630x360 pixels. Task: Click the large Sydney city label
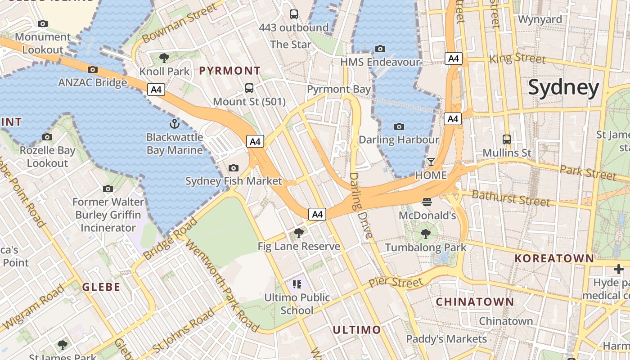tap(563, 88)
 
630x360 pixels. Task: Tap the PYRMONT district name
tap(229, 71)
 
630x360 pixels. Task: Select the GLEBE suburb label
tap(101, 287)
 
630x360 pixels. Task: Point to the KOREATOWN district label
tap(554, 258)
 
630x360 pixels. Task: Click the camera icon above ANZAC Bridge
tap(93, 69)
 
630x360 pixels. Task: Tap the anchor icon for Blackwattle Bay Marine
tap(174, 124)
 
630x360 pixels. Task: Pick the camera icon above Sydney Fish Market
tap(233, 168)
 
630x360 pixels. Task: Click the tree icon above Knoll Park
tap(164, 58)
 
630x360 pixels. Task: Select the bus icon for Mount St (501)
tap(249, 88)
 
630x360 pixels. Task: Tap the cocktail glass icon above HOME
tap(431, 162)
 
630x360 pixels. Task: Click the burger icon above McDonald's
tap(427, 202)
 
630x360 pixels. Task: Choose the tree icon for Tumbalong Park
tap(425, 234)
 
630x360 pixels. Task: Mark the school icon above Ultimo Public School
tap(297, 284)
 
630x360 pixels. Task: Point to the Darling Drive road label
tap(361, 206)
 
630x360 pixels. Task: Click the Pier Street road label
tap(396, 283)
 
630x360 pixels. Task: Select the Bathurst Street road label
tap(510, 198)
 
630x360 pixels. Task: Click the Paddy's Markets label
tap(446, 339)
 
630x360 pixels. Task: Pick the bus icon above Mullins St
tap(507, 139)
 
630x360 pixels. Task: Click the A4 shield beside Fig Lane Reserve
tap(317, 214)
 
